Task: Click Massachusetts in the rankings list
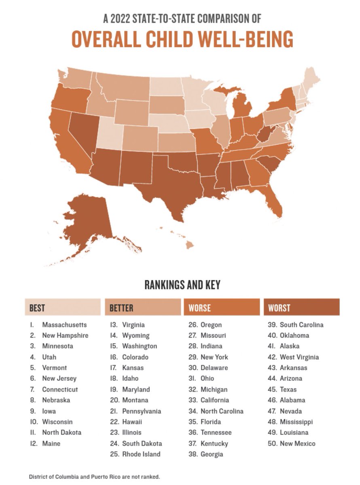tap(64, 325)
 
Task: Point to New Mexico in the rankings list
tap(297, 443)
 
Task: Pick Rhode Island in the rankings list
tap(141, 454)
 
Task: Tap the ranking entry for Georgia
tap(212, 454)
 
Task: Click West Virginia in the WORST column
tap(299, 357)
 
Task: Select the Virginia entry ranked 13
tap(133, 325)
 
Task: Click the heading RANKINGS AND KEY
tap(182, 285)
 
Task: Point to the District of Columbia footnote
tap(94, 477)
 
